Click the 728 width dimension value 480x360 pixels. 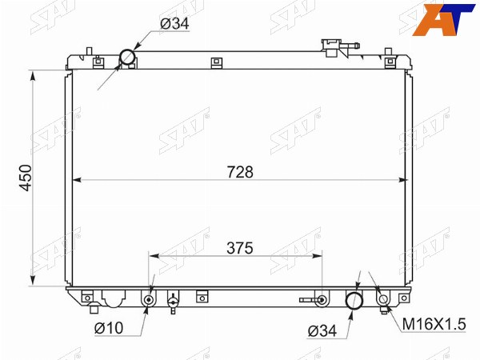point(240,172)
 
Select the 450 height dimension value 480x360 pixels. point(26,178)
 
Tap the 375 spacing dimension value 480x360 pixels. point(240,248)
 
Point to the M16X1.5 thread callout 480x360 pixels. point(434,324)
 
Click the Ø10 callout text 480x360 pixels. point(109,329)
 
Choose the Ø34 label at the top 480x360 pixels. point(174,23)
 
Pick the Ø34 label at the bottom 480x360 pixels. point(322,331)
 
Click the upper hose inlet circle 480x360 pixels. point(127,57)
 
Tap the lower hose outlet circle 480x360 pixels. point(354,301)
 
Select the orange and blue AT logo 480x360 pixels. point(443,19)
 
